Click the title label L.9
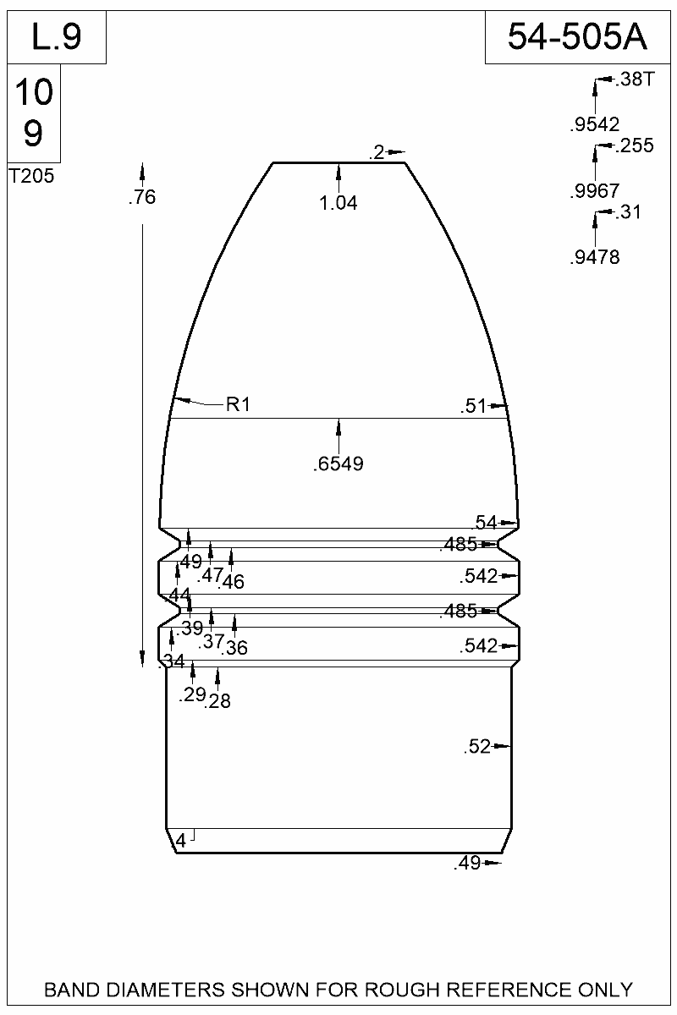(x=56, y=37)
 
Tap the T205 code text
(x=31, y=177)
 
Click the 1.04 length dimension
(x=338, y=203)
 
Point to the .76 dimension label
(x=141, y=198)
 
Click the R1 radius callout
(x=239, y=404)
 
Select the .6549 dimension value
(x=338, y=464)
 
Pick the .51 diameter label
(x=474, y=406)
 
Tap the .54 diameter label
(x=484, y=523)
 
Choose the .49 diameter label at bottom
(x=467, y=864)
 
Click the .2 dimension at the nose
(x=377, y=152)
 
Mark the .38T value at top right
(x=635, y=80)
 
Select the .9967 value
(x=595, y=191)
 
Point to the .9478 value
(x=595, y=258)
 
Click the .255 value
(x=635, y=146)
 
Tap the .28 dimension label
(x=217, y=700)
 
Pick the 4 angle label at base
(x=180, y=841)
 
